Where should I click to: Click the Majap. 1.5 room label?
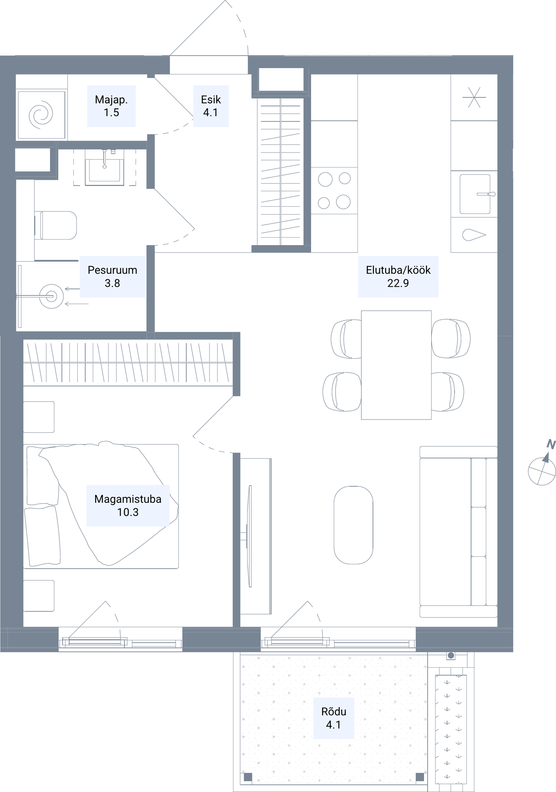(x=111, y=106)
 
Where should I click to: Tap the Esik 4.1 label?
(x=211, y=106)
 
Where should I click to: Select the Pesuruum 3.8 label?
(x=113, y=277)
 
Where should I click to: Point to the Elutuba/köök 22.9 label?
(x=398, y=277)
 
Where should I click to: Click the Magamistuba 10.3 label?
(x=128, y=506)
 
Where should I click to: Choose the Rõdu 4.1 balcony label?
(x=334, y=718)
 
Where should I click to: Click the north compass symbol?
(x=543, y=465)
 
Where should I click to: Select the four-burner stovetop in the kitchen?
(x=334, y=190)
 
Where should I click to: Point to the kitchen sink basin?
(x=475, y=194)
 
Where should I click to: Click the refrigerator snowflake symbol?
(x=474, y=97)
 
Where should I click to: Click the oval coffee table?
(x=353, y=525)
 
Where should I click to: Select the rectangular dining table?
(x=396, y=365)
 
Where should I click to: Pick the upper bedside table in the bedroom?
(x=39, y=417)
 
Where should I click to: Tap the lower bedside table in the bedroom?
(x=39, y=596)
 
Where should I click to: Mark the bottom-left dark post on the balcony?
(x=248, y=777)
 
